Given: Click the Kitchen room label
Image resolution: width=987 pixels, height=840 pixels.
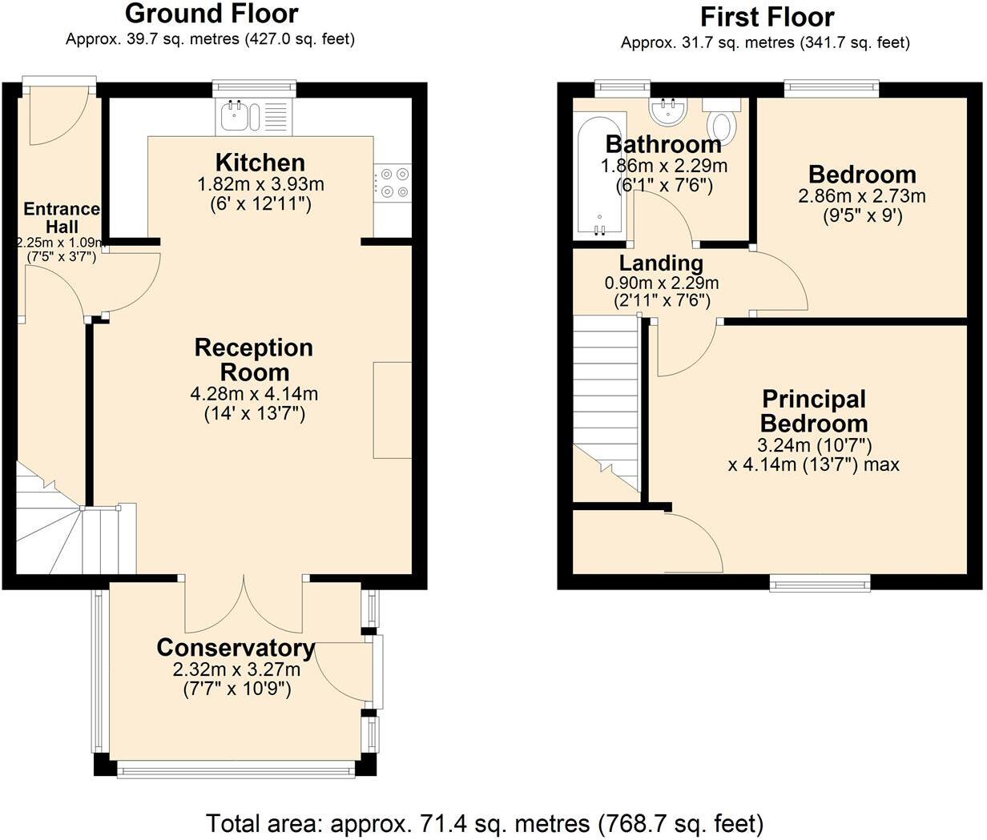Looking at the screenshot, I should [260, 163].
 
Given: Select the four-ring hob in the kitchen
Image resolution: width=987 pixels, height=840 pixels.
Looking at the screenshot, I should [393, 182].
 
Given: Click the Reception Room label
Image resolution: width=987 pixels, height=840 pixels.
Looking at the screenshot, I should [254, 360].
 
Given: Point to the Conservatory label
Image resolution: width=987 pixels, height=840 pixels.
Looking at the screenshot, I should [236, 648].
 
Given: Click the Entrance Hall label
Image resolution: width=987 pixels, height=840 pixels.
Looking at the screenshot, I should [62, 218].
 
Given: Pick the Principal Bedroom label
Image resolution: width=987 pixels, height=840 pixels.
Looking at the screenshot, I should [814, 411].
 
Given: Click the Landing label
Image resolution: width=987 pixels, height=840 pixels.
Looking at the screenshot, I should [661, 263].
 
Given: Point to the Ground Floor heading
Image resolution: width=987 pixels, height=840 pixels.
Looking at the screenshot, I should [211, 14].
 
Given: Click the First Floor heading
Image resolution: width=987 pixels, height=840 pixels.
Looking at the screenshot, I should [767, 17].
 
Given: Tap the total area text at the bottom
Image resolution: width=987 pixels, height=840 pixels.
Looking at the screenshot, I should [485, 822].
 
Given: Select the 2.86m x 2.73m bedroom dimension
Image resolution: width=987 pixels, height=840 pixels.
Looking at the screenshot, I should [862, 196].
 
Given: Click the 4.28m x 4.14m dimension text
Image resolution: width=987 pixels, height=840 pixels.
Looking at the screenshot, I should [254, 394].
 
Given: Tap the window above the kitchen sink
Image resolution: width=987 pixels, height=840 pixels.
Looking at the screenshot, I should [254, 86].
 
